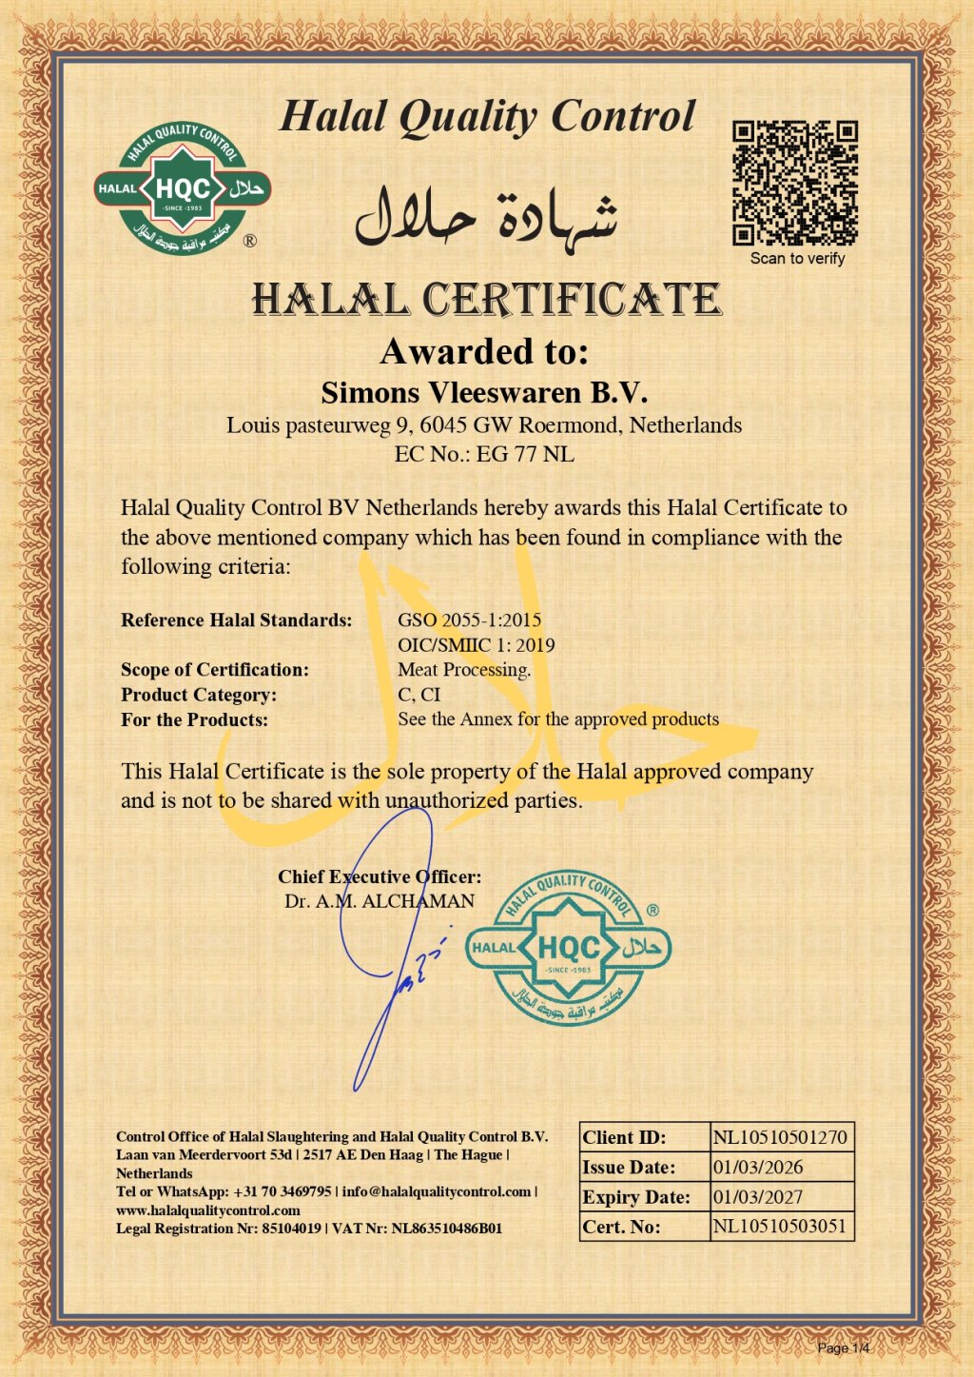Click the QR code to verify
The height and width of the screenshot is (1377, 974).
click(795, 183)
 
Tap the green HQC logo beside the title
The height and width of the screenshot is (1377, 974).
click(183, 189)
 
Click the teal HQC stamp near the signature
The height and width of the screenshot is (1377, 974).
click(569, 948)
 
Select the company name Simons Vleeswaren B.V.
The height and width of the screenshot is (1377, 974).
click(484, 392)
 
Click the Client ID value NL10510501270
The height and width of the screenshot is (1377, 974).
click(780, 1137)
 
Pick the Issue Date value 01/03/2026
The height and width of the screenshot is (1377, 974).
click(758, 1167)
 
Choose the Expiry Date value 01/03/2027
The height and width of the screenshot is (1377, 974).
click(758, 1197)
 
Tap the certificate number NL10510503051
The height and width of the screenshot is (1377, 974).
click(780, 1226)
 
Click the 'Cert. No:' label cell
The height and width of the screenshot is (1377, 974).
click(622, 1227)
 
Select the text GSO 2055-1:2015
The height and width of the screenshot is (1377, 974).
click(470, 620)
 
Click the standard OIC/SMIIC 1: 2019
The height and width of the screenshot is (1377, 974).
click(477, 644)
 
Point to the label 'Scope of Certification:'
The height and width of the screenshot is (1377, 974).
click(215, 669)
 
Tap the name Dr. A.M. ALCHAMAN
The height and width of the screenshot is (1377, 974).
click(380, 901)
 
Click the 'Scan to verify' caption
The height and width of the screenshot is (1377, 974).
click(797, 258)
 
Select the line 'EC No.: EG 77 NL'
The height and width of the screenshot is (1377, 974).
click(484, 454)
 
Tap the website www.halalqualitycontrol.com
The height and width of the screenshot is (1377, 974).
click(208, 1210)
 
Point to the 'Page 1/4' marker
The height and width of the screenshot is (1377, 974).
click(844, 1347)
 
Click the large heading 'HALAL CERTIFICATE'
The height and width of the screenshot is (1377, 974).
click(486, 300)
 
